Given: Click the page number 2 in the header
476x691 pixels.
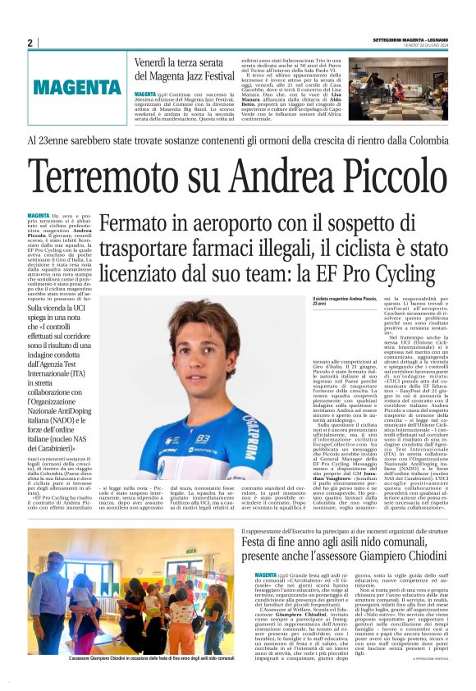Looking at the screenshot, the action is pos(30,42).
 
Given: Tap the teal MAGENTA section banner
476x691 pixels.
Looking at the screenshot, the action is pos(78,87).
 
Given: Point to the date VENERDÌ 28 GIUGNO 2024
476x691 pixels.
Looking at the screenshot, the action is pos(422,45).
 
